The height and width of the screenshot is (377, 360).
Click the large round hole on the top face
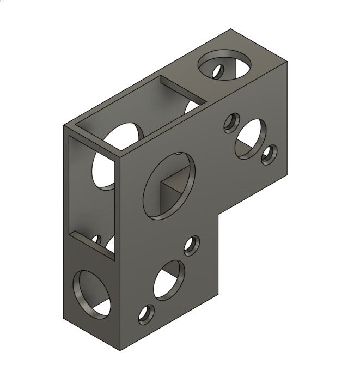click(x=224, y=64)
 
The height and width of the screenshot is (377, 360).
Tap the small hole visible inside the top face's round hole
click(x=218, y=71)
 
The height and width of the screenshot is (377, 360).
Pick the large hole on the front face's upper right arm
click(x=251, y=139)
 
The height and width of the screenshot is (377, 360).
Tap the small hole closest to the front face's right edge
click(x=269, y=155)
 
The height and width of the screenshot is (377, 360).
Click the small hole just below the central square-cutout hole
click(x=191, y=246)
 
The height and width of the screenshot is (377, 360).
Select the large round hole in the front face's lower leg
click(x=169, y=280)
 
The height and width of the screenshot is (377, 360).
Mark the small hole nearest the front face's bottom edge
click(x=145, y=314)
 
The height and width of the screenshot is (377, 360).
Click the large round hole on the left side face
click(x=91, y=294)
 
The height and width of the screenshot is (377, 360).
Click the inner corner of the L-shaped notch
click(x=218, y=214)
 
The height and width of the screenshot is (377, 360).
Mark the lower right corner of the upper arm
click(x=287, y=178)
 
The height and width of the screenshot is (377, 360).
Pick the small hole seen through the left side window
click(x=96, y=240)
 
